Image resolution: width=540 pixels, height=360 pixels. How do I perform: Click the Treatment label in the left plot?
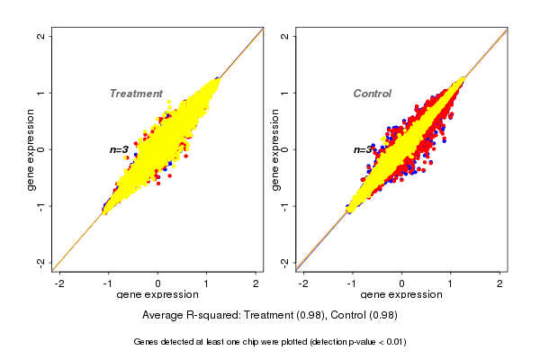pyautogui.click(x=136, y=94)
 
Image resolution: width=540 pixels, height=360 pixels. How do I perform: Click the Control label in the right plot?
pyautogui.click(x=372, y=94)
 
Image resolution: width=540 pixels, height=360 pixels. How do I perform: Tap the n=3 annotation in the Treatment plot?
pyautogui.click(x=119, y=149)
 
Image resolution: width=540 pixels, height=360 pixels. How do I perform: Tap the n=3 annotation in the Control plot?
pyautogui.click(x=363, y=149)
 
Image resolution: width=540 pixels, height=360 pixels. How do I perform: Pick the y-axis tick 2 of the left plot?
pyautogui.click(x=41, y=36)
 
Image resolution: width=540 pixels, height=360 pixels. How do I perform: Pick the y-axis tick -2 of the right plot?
pyautogui.click(x=285, y=262)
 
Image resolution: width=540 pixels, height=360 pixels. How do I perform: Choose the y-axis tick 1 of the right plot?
pyautogui.click(x=285, y=93)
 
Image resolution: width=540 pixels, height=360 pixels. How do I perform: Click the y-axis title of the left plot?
pyautogui.click(x=31, y=149)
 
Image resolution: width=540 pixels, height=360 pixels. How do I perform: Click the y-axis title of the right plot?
pyautogui.click(x=275, y=149)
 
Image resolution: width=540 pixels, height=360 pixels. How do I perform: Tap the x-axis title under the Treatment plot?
pyautogui.click(x=157, y=295)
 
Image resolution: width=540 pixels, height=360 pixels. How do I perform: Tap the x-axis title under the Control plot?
pyautogui.click(x=401, y=295)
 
